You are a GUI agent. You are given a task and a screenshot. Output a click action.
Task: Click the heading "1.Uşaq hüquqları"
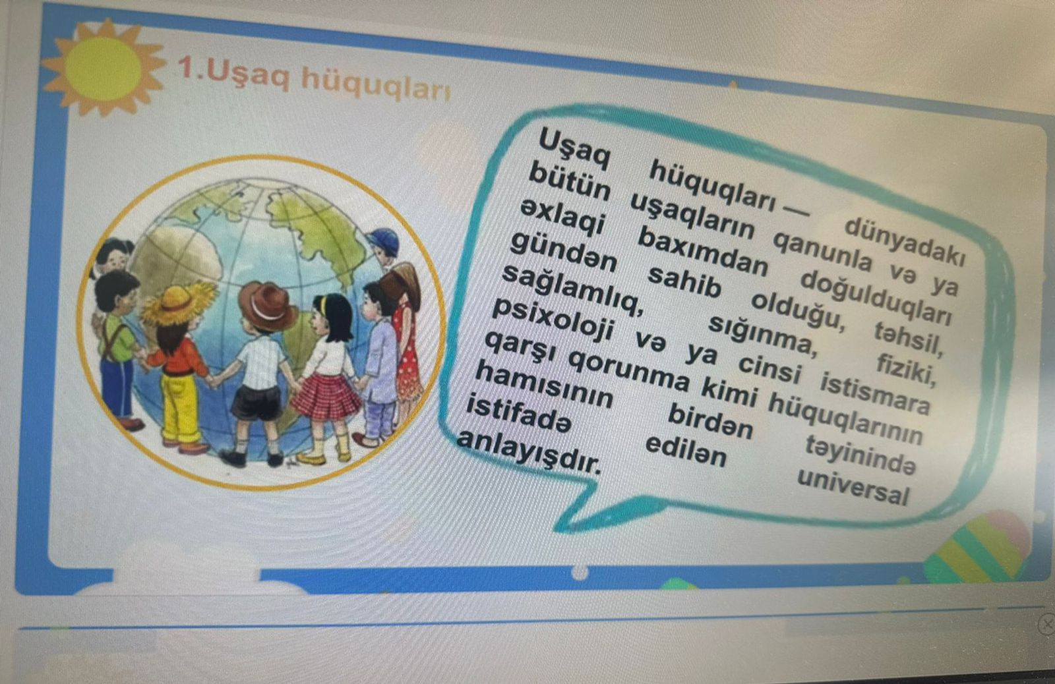point(314,78)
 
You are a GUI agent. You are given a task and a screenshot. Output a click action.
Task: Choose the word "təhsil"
point(909,338)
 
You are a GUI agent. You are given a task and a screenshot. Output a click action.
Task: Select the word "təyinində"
point(860,455)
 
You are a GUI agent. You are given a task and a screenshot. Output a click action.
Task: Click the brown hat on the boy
point(266,306)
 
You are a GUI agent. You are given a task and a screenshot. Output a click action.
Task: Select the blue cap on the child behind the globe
point(384,241)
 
